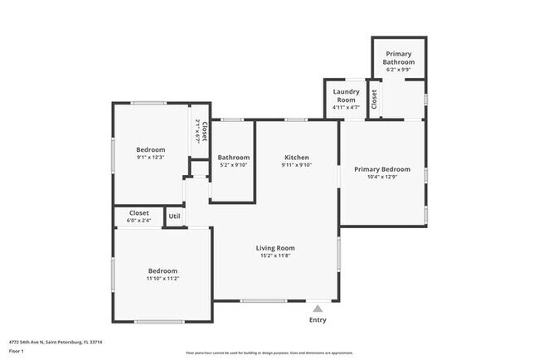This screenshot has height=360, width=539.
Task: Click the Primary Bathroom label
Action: (398, 58)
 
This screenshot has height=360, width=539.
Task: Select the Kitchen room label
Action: (297, 158)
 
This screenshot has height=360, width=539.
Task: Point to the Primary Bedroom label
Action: (381, 169)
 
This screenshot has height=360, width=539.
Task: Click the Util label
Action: (174, 216)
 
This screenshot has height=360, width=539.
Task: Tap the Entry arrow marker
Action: (317, 309)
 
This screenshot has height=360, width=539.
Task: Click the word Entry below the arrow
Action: (318, 320)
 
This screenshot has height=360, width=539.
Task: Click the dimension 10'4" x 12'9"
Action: (381, 177)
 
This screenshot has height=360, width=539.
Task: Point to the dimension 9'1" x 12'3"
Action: (151, 158)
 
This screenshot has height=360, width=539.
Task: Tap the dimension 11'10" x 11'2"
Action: (163, 279)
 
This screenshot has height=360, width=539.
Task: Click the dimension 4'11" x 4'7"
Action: (345, 106)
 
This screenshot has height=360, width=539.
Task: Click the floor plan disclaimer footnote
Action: (269, 353)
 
